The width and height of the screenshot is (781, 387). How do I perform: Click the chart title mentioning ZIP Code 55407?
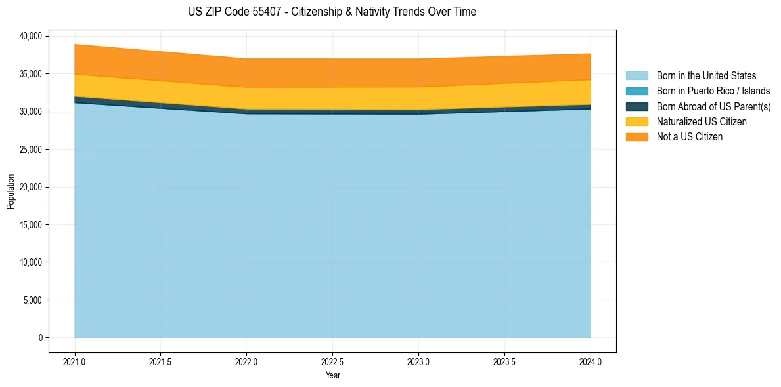tap(332, 12)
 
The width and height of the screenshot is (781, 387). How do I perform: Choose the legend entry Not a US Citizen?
tap(689, 137)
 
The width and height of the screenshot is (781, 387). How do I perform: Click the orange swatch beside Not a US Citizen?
tap(636, 137)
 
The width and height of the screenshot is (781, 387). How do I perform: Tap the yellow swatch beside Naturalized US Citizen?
tap(636, 122)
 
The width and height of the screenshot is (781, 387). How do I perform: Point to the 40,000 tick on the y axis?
tap(30, 36)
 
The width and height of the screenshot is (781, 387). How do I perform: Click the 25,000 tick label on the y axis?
tap(30, 150)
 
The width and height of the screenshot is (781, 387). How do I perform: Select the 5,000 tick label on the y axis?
tap(32, 300)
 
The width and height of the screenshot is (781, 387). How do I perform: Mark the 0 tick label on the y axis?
tap(40, 338)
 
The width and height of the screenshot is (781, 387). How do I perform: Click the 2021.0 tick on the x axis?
tap(75, 361)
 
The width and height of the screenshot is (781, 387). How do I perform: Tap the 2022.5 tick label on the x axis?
tap(332, 361)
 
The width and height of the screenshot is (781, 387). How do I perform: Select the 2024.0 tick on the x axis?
tap(591, 361)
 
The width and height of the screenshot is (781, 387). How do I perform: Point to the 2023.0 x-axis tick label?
tap(418, 361)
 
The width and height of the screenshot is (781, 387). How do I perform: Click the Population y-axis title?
tap(11, 192)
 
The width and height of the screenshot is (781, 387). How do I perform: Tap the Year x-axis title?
tap(332, 376)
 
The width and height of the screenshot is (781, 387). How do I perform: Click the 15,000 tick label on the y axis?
tap(30, 225)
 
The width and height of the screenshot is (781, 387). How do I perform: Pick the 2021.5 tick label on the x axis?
tap(161, 361)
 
